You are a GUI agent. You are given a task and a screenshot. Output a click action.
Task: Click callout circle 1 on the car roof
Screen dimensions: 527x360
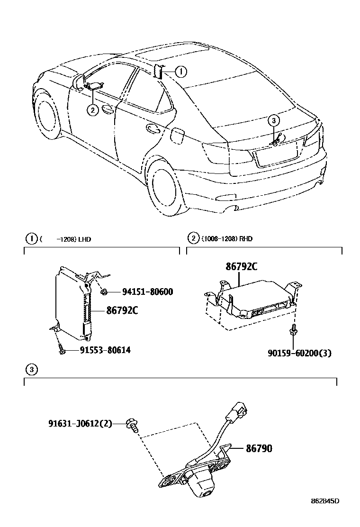(180, 72)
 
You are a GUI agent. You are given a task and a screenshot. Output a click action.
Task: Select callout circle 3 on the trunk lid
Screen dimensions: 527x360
(273, 120)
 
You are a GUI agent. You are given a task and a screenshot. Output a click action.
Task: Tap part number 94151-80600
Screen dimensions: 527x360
(141, 292)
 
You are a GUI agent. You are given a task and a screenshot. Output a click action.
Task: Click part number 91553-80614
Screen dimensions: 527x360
(99, 350)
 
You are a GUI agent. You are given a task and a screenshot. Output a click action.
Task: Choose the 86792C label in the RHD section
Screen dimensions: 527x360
(241, 267)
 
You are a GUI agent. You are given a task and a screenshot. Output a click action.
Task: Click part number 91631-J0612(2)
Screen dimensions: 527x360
(80, 423)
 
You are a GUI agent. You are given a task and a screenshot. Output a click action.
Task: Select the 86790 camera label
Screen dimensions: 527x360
(259, 448)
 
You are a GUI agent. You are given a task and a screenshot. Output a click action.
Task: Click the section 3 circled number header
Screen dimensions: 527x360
(31, 369)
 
